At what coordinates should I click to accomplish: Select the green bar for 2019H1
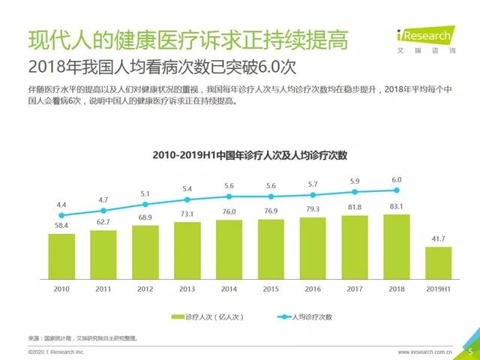click(x=436, y=262)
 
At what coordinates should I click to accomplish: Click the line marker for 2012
click(x=145, y=202)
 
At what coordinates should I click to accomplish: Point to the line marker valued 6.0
click(x=396, y=190)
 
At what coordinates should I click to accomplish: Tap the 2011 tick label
click(x=103, y=289)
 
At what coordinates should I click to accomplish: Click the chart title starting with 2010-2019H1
click(x=250, y=155)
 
